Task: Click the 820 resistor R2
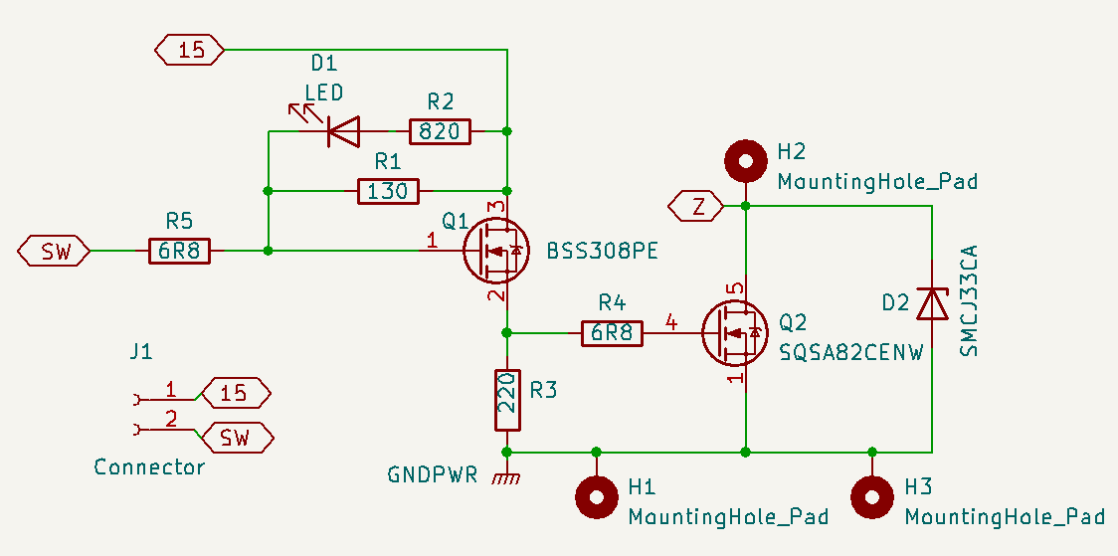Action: click(x=440, y=130)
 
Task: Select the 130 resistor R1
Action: click(x=388, y=191)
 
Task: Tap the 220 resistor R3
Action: click(x=507, y=400)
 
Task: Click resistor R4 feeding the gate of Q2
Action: click(x=613, y=332)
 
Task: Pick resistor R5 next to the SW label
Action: click(x=180, y=252)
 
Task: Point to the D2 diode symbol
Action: click(x=932, y=303)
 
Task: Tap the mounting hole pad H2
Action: click(x=745, y=158)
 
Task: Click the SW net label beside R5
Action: click(x=54, y=252)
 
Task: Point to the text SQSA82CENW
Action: click(x=850, y=352)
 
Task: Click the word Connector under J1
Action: click(x=149, y=466)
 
